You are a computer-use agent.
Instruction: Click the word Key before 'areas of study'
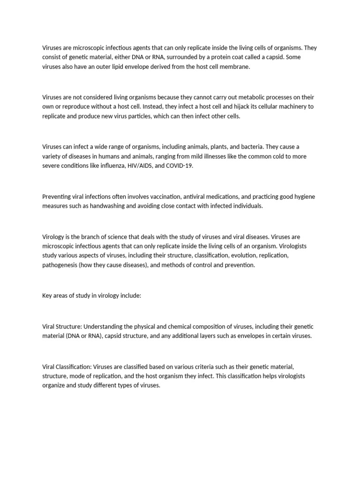[x=47, y=296]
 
